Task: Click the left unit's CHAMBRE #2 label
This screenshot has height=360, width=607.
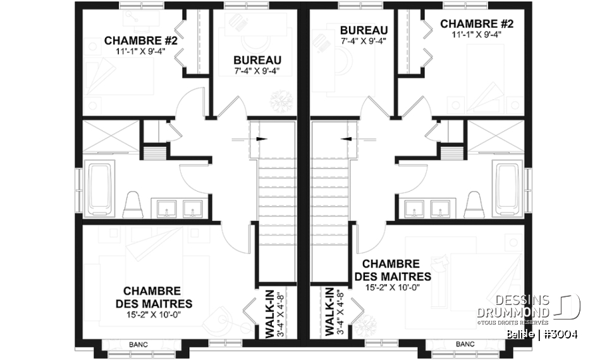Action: [144, 40]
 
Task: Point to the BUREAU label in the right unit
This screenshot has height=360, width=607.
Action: [363, 30]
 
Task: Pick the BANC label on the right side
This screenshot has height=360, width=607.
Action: [465, 344]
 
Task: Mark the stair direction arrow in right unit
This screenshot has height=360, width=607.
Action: [345, 138]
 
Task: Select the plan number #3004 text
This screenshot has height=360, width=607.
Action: [559, 334]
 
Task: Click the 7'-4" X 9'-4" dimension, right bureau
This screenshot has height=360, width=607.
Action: [363, 41]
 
